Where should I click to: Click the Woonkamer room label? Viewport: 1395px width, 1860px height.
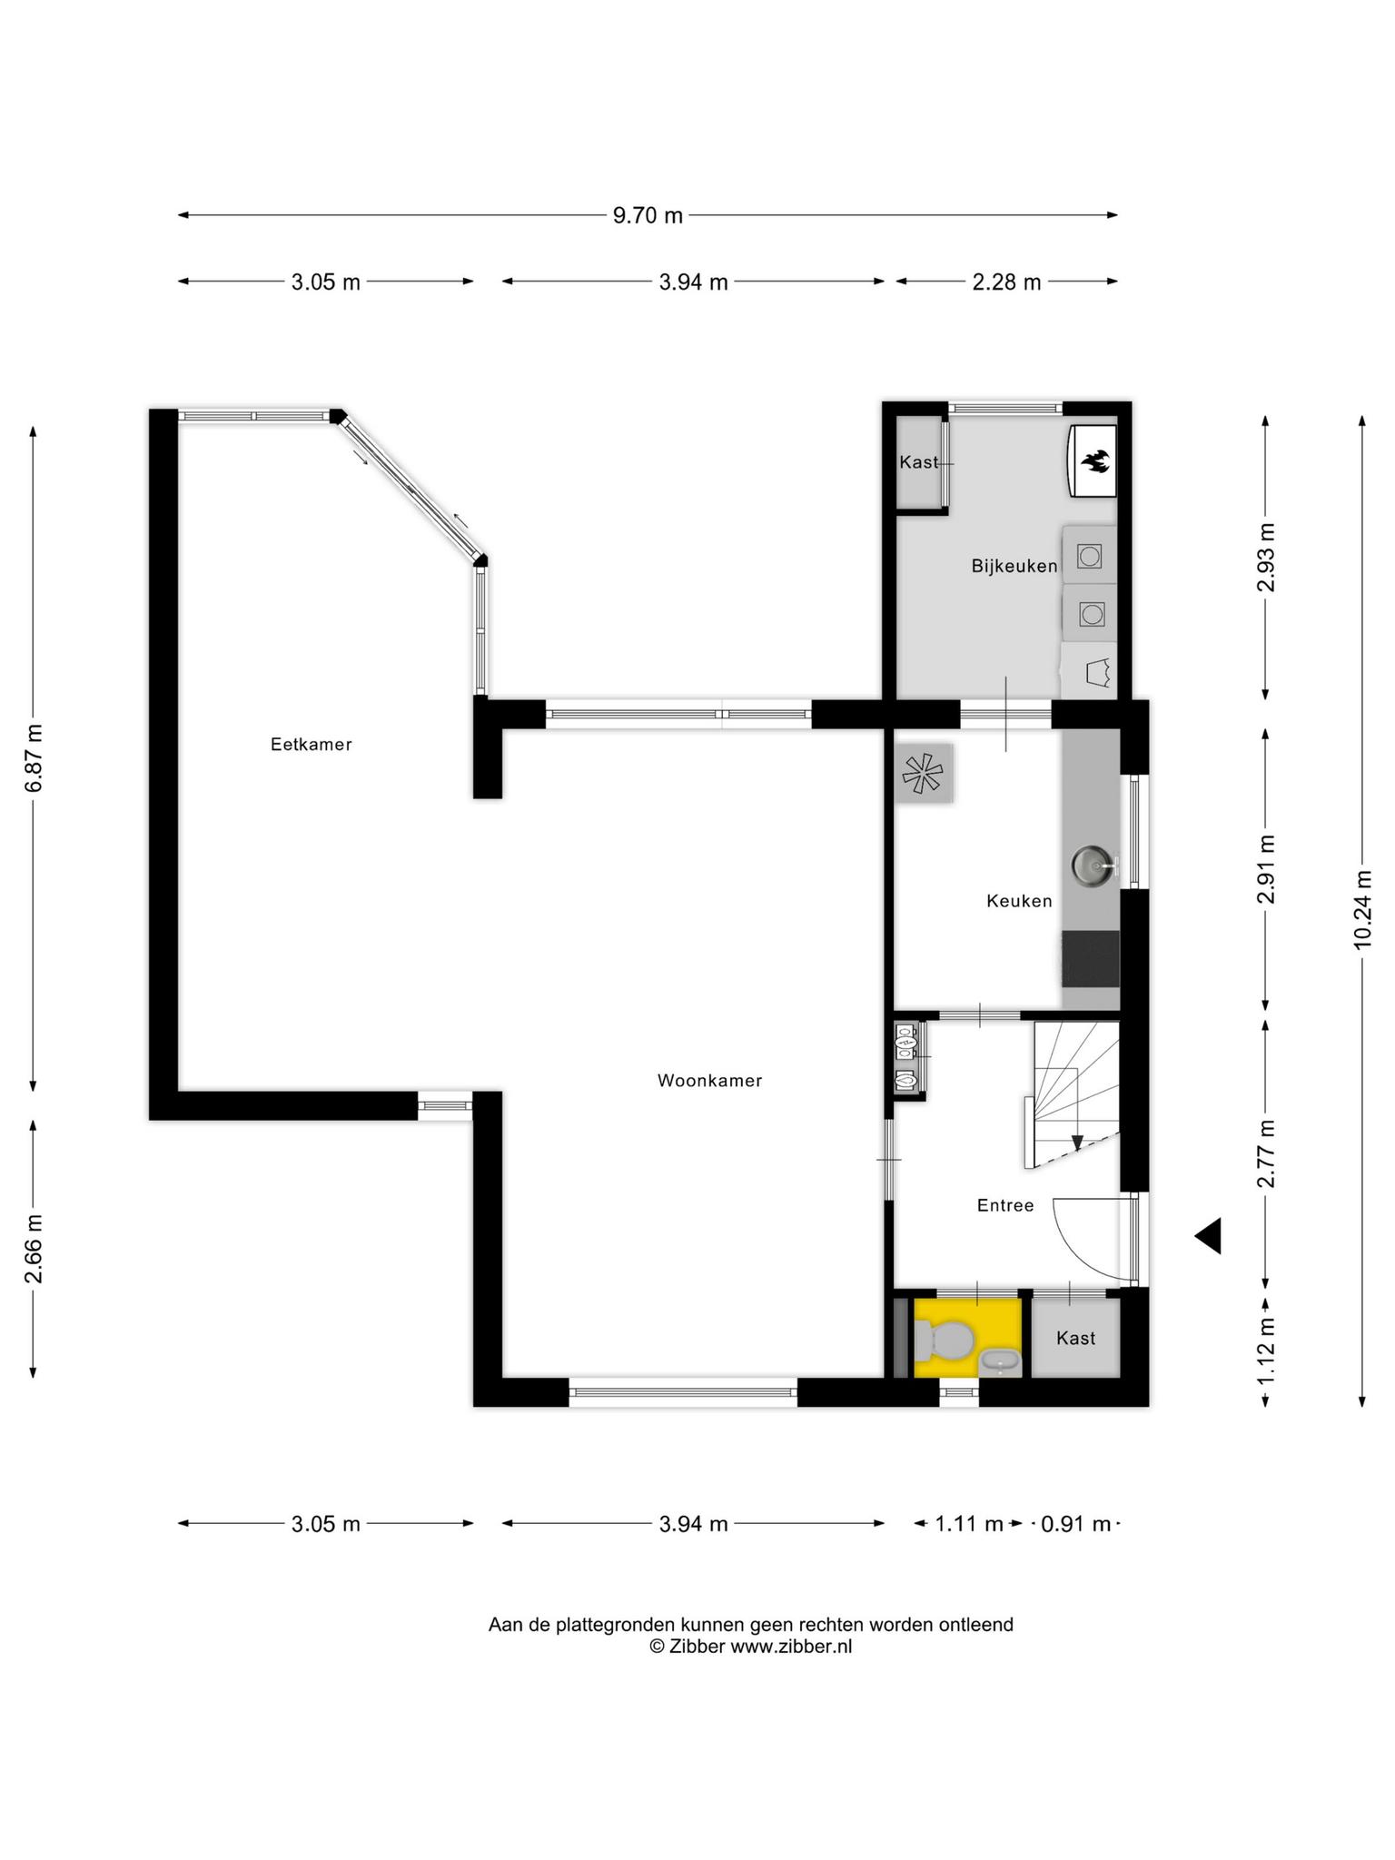click(x=709, y=1081)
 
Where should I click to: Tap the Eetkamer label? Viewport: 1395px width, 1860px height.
click(x=311, y=745)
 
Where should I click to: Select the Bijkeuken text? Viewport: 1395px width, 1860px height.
click(x=1014, y=566)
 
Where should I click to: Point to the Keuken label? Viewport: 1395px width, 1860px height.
click(x=1019, y=901)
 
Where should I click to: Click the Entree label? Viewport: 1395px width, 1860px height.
click(x=1005, y=1205)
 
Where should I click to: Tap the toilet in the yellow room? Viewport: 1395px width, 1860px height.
click(x=945, y=1339)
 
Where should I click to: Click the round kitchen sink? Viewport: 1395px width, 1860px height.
click(x=1091, y=865)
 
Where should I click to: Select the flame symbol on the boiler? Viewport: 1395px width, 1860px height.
click(x=1094, y=461)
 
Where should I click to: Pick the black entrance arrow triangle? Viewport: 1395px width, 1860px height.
click(x=1208, y=1236)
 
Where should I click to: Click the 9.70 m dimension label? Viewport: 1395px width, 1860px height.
click(x=648, y=215)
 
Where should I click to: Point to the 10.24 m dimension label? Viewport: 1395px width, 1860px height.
click(x=1362, y=909)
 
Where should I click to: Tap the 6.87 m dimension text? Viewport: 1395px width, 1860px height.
click(x=34, y=758)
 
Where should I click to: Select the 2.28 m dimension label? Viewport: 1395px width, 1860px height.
click(x=1006, y=282)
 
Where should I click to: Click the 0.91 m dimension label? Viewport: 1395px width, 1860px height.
click(x=1075, y=1524)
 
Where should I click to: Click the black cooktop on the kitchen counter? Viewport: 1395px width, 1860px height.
click(x=1091, y=958)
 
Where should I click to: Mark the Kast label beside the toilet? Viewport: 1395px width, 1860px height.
click(x=1075, y=1338)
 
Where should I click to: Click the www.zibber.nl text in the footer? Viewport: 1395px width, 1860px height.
click(x=791, y=1647)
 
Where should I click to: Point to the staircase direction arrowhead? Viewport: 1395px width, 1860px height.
click(x=1077, y=1143)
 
